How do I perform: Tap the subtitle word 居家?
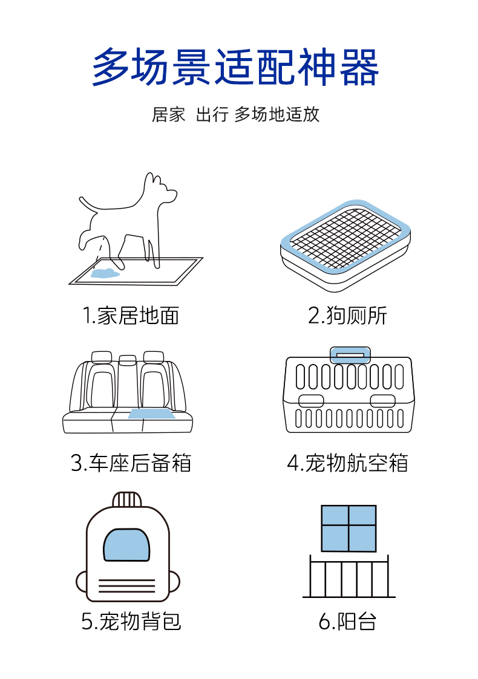coord(168,114)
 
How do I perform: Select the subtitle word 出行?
coord(212,114)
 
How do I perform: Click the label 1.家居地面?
coord(131,315)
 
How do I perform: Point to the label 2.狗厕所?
coord(347,315)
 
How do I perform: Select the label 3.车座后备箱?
coord(131,463)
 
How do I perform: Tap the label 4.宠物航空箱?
coord(347,463)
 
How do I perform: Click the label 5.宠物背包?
coord(131,621)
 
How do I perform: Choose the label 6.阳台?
coord(347,621)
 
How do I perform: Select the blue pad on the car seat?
coord(151,414)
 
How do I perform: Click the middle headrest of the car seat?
coord(128,360)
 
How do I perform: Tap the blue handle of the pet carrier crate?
coord(350,356)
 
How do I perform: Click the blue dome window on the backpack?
coord(127,544)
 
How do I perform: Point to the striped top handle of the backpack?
coord(127,499)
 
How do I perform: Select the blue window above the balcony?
coord(349,528)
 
